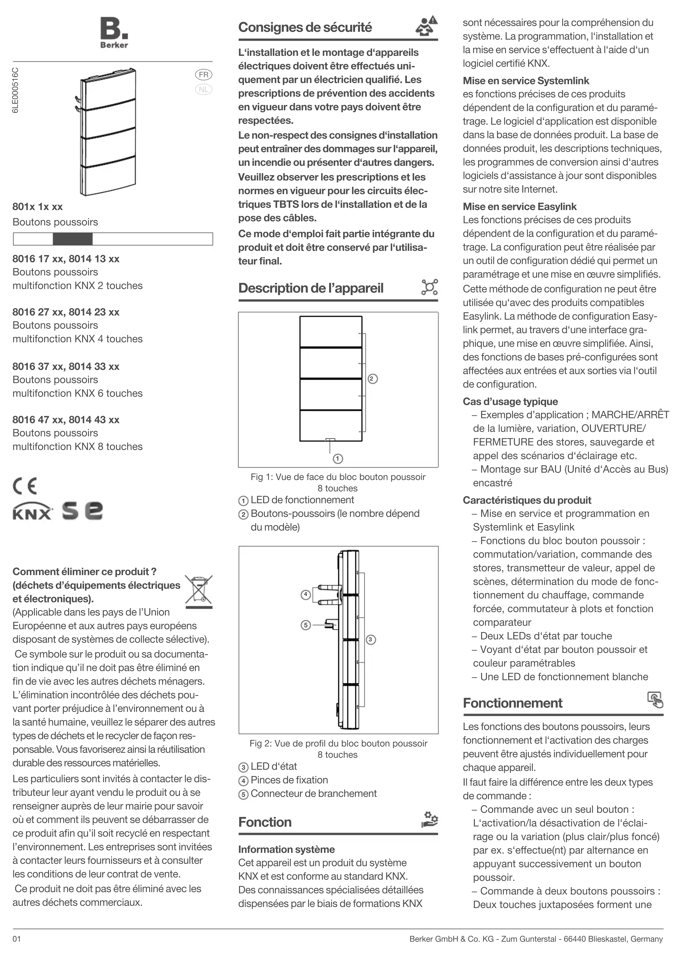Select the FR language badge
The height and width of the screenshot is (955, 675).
point(204,75)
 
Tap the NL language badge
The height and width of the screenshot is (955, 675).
point(204,89)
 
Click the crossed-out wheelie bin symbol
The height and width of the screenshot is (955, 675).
point(199,591)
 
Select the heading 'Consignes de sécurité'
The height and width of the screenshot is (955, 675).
point(305,27)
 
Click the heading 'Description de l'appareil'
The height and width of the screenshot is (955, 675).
point(310,288)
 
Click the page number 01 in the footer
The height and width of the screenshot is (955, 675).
point(17,939)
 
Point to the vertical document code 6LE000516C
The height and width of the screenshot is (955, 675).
point(15,90)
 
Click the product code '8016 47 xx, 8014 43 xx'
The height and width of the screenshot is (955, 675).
point(66,420)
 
